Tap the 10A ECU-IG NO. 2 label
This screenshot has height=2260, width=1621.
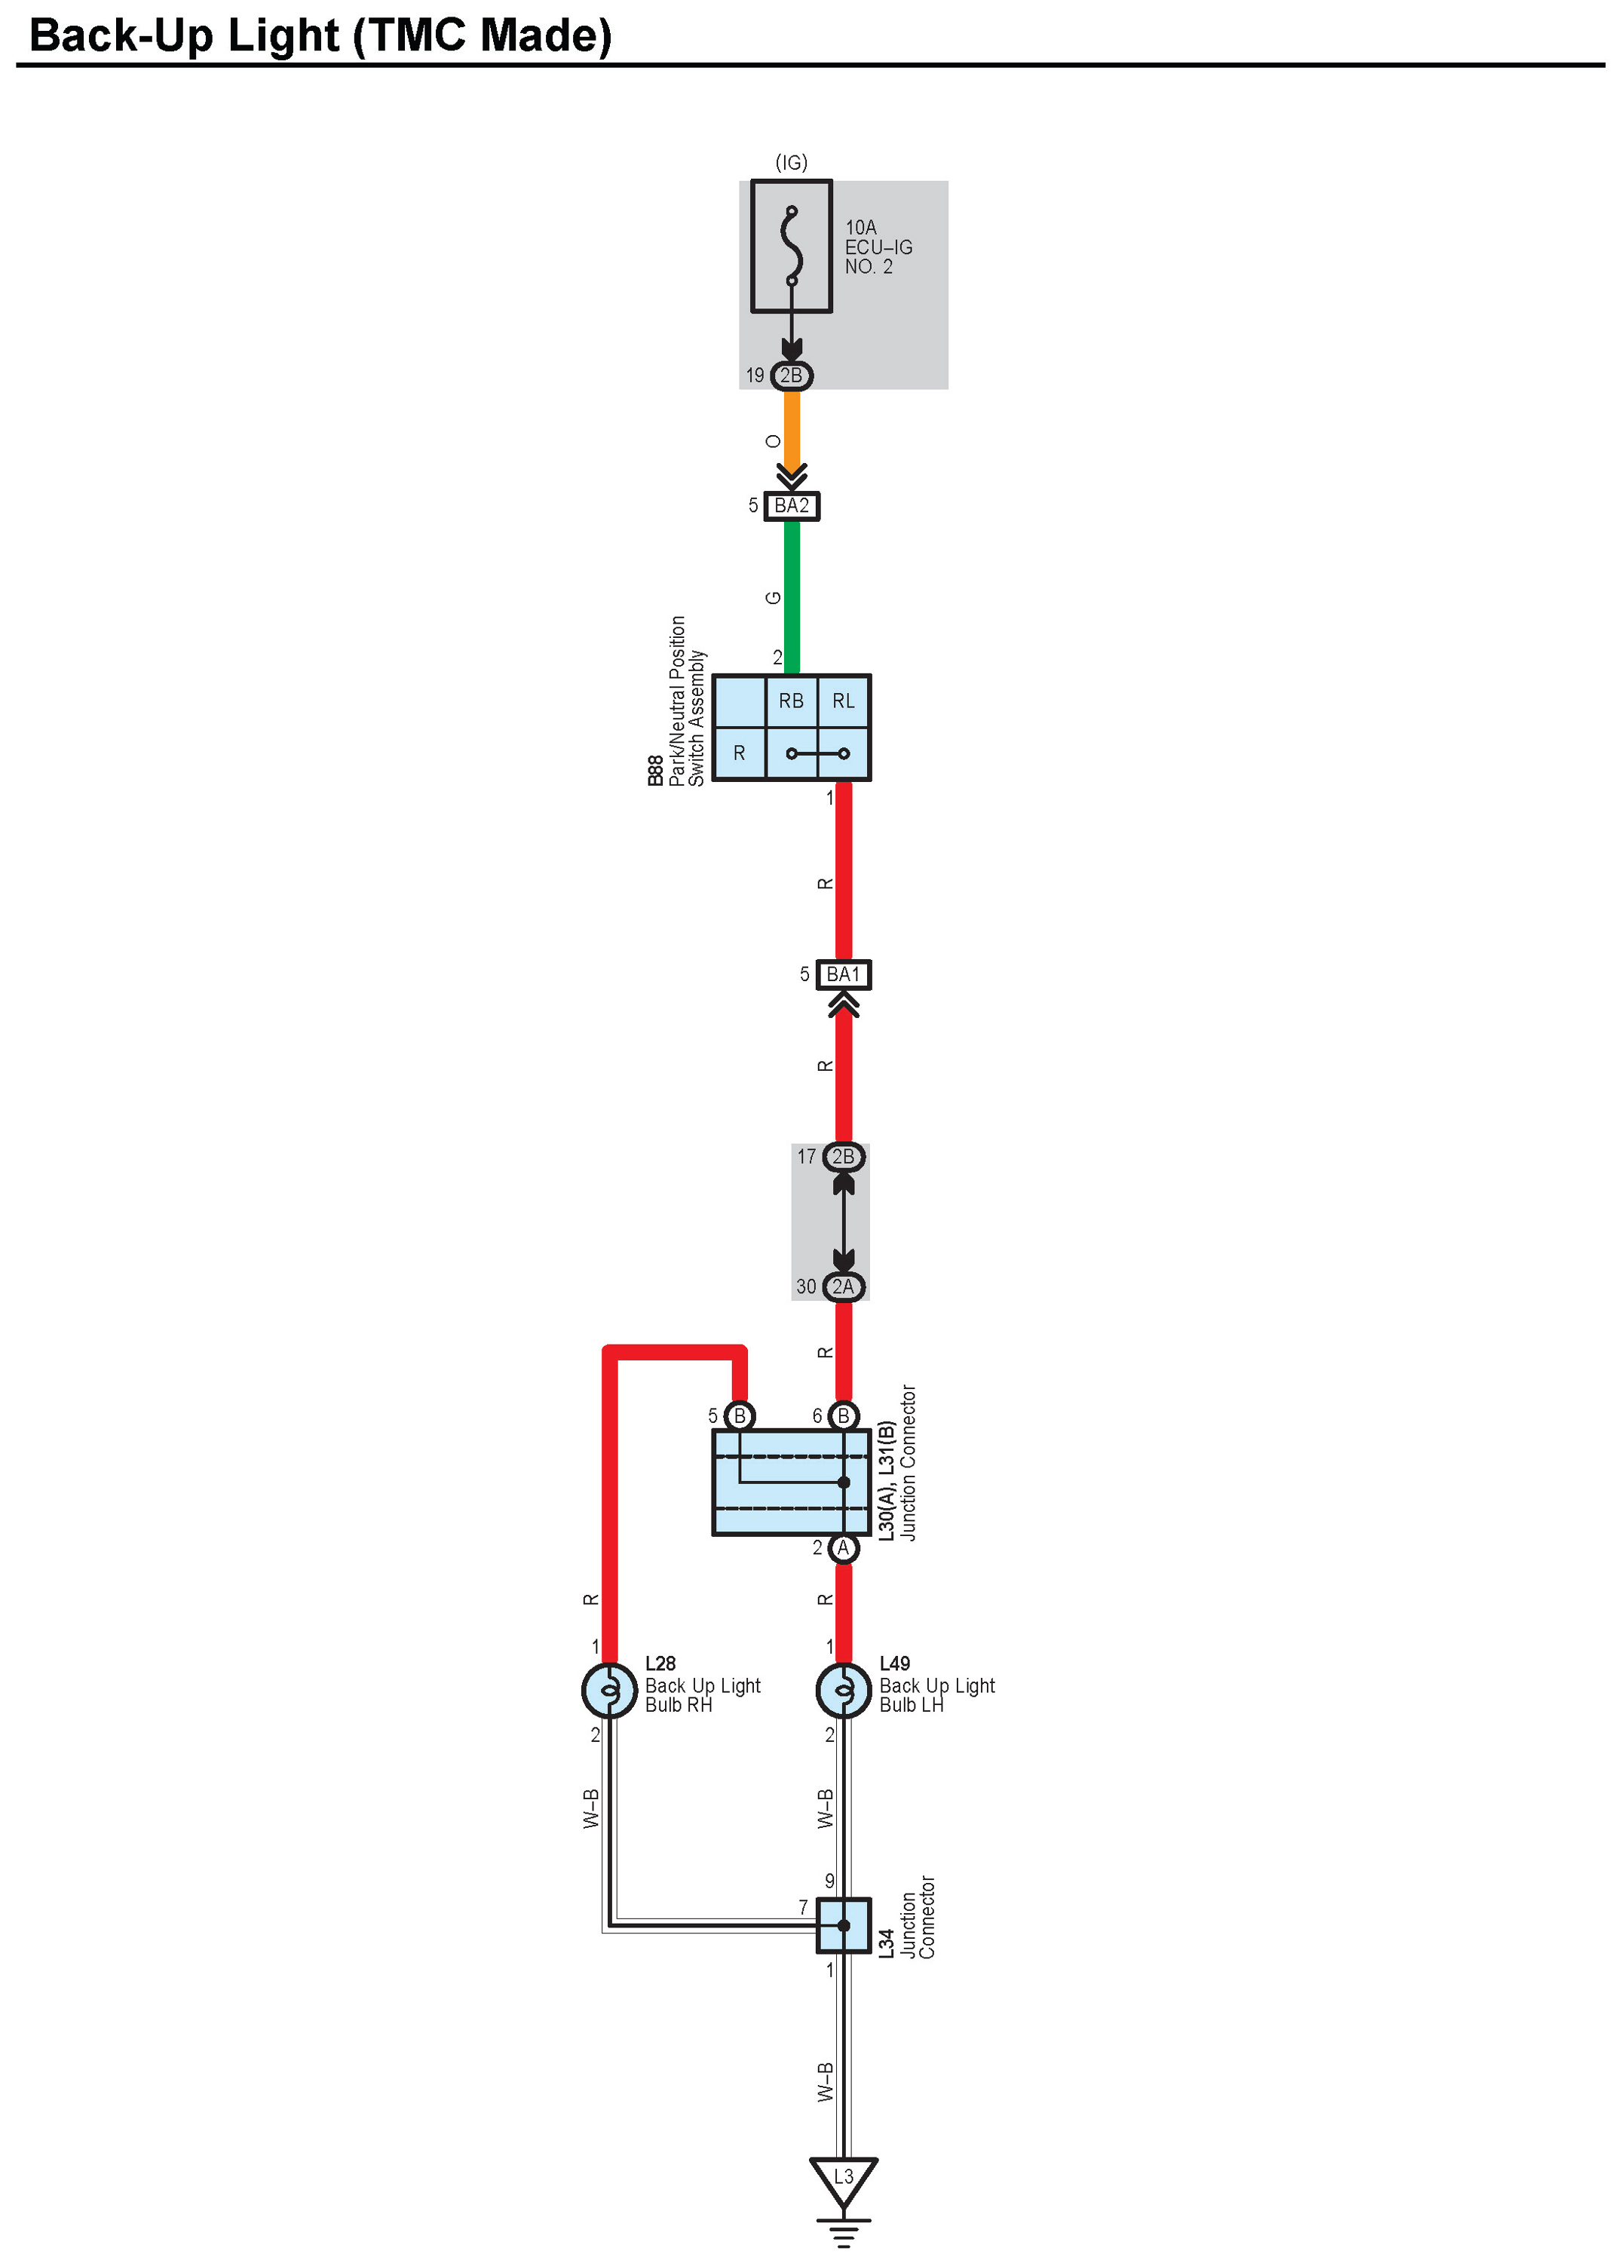pyautogui.click(x=878, y=247)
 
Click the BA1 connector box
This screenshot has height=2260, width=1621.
pyautogui.click(x=843, y=974)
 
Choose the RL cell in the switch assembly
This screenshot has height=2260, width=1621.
pyautogui.click(x=844, y=701)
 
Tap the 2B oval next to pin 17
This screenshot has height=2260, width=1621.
pyautogui.click(x=844, y=1157)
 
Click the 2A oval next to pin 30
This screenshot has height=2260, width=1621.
pyautogui.click(x=844, y=1286)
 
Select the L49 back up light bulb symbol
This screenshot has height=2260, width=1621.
pyautogui.click(x=843, y=1690)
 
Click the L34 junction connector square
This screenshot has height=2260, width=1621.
pyautogui.click(x=843, y=1925)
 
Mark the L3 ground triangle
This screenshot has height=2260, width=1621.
pyautogui.click(x=843, y=2180)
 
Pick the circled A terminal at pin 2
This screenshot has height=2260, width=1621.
pyautogui.click(x=843, y=1547)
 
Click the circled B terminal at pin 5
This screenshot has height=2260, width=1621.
pyautogui.click(x=740, y=1416)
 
